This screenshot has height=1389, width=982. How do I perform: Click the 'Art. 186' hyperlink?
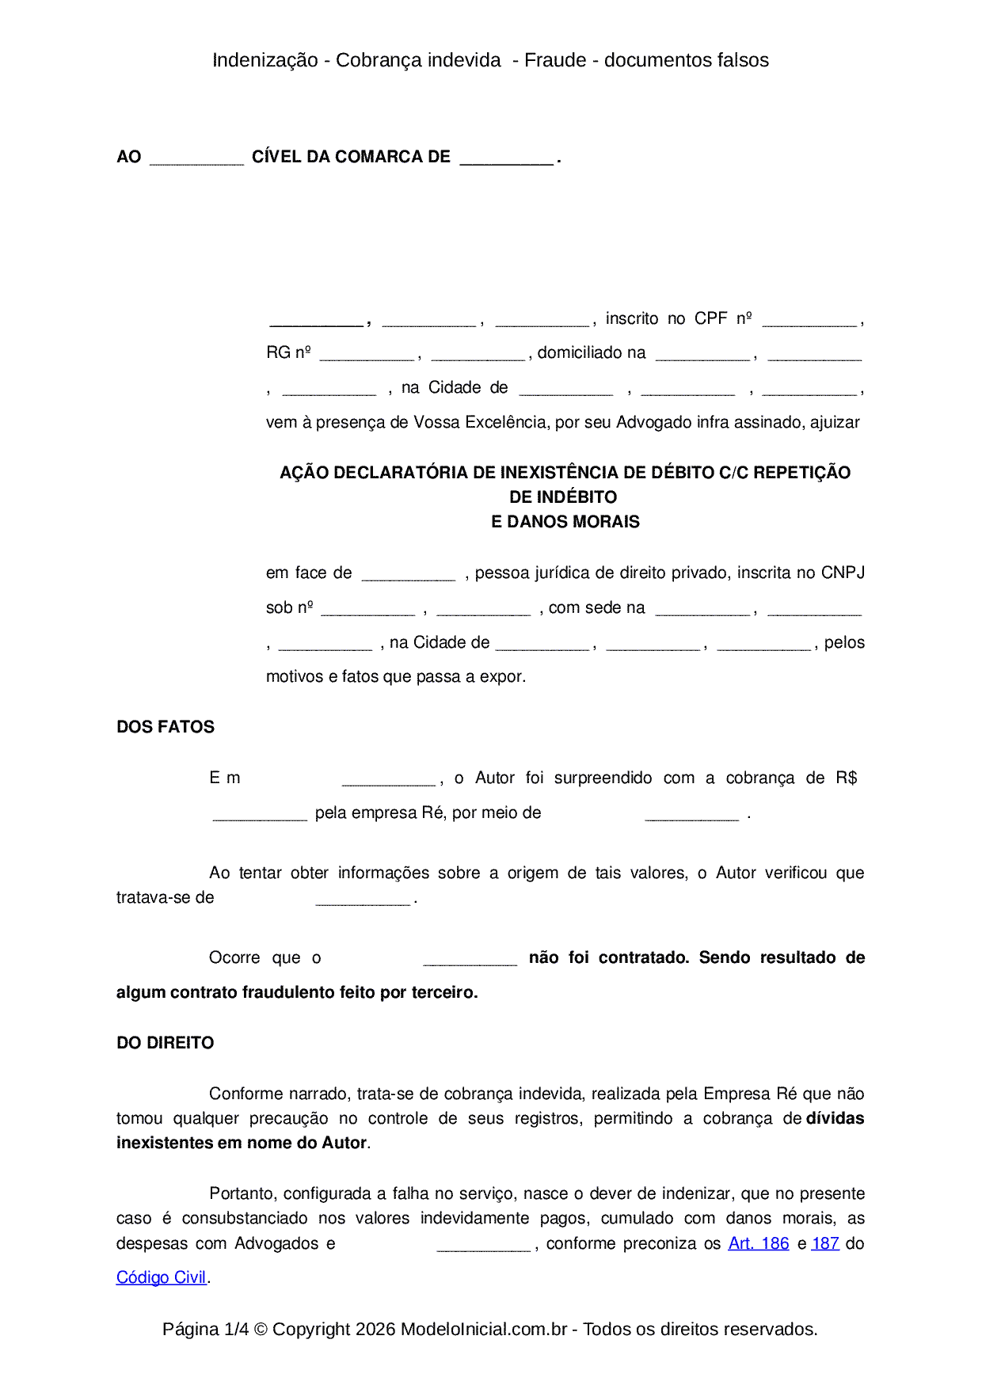click(758, 1243)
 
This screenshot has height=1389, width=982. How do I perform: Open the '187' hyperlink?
click(825, 1243)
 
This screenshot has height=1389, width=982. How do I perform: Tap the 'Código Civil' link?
click(161, 1277)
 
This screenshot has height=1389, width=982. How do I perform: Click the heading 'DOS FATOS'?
click(166, 727)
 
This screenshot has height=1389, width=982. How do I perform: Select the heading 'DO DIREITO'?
click(166, 1043)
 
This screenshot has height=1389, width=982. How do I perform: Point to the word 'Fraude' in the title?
click(555, 60)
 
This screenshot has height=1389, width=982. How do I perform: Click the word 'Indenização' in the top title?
click(265, 60)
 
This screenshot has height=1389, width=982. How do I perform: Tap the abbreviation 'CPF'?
click(710, 318)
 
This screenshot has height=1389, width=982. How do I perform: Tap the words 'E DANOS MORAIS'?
click(565, 522)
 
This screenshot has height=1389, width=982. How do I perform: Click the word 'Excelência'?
click(506, 422)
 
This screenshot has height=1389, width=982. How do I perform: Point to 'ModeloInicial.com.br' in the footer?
click(484, 1329)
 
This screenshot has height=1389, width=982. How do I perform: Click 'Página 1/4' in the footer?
click(205, 1329)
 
